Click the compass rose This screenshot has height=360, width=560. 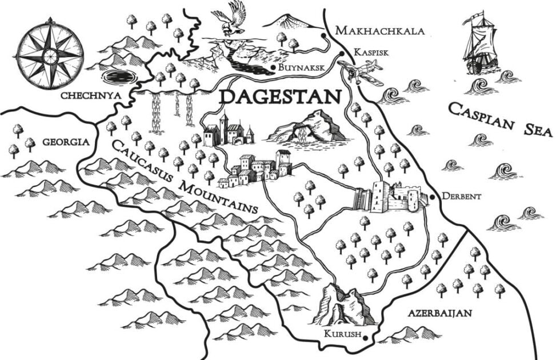50,54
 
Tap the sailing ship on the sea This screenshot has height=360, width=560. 479,46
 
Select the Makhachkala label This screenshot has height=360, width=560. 379,30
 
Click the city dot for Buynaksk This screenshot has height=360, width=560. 274,68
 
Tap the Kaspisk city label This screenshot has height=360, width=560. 371,52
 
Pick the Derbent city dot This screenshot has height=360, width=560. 433,197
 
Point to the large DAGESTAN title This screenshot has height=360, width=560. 279,96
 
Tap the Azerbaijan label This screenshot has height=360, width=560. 439,313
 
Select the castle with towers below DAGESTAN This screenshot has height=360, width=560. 228,130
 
